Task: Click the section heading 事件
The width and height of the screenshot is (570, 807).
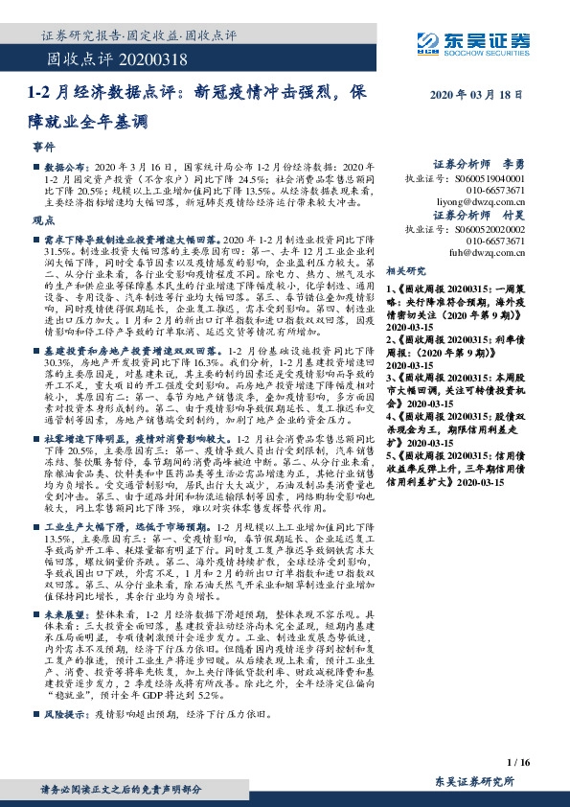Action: click(x=43, y=150)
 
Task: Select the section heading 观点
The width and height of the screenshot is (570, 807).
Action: click(x=43, y=220)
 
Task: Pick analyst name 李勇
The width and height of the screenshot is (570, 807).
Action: click(x=513, y=165)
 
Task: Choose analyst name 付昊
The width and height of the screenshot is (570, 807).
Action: click(x=513, y=216)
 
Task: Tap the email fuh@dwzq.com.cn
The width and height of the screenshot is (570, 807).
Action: click(x=485, y=253)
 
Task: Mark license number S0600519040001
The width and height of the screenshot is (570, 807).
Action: click(x=487, y=178)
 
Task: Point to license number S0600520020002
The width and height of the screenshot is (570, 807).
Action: click(x=487, y=229)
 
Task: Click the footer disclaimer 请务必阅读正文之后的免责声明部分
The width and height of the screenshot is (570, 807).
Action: click(x=122, y=789)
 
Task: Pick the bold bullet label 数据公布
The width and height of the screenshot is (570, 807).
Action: click(x=63, y=167)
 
